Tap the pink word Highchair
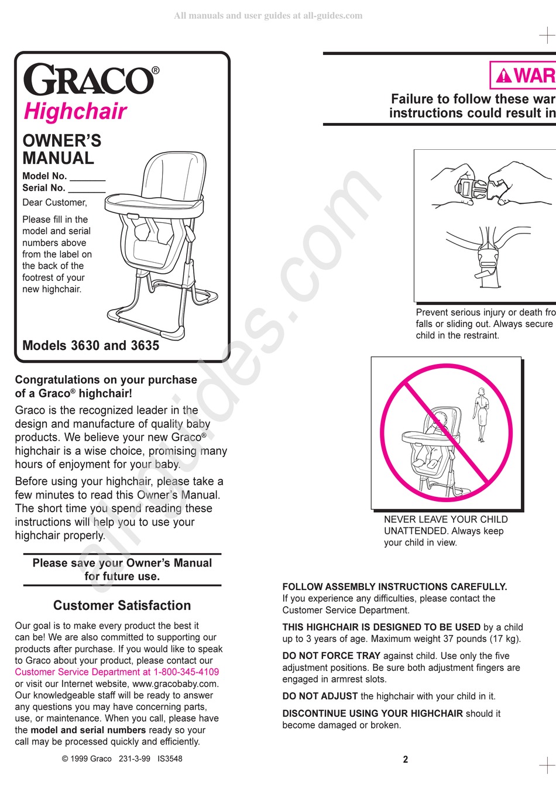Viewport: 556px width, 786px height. pos(75,111)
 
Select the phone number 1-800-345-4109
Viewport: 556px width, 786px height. pos(186,672)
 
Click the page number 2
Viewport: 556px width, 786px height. pos(406,759)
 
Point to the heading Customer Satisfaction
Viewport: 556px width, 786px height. pos(122,606)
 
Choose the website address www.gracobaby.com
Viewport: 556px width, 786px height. pos(175,684)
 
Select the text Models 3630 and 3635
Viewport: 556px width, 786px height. pos(91,345)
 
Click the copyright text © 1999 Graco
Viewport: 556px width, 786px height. pos(87,758)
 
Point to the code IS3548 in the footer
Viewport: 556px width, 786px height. pos(170,758)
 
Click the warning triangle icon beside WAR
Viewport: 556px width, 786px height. pos(503,76)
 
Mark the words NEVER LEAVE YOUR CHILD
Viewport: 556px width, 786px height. pos(445,519)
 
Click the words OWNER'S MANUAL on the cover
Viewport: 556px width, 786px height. pos(61,149)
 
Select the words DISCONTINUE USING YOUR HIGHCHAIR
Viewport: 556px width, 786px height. pos(372,713)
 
